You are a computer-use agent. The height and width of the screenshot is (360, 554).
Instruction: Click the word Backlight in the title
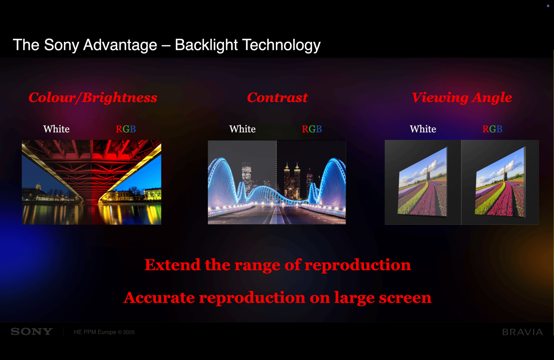[206, 45]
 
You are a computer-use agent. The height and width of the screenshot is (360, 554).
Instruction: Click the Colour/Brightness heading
[93, 97]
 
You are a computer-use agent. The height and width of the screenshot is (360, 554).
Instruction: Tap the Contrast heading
[277, 97]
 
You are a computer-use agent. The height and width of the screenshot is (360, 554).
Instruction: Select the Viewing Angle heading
[462, 97]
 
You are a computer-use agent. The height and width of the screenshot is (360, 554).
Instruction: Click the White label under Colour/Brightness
[56, 129]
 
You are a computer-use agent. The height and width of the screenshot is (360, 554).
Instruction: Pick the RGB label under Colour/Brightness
[126, 129]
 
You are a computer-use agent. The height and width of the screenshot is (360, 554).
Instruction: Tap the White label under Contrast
[242, 129]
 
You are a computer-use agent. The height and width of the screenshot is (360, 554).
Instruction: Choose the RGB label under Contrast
[311, 129]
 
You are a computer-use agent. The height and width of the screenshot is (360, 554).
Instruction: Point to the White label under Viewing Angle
[423, 129]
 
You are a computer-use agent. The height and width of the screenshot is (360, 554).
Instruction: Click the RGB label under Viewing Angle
[492, 129]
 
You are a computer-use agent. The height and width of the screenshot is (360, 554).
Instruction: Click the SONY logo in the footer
[32, 332]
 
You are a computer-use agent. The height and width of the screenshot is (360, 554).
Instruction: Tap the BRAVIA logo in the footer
[522, 332]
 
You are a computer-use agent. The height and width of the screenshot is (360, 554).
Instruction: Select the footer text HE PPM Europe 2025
[104, 332]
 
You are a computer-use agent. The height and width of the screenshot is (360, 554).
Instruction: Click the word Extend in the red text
[173, 265]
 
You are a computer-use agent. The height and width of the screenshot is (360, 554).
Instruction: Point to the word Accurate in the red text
[159, 298]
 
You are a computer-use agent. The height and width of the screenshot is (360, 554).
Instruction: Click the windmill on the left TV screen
[427, 173]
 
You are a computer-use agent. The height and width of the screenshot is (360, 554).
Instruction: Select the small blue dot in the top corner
[548, 6]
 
